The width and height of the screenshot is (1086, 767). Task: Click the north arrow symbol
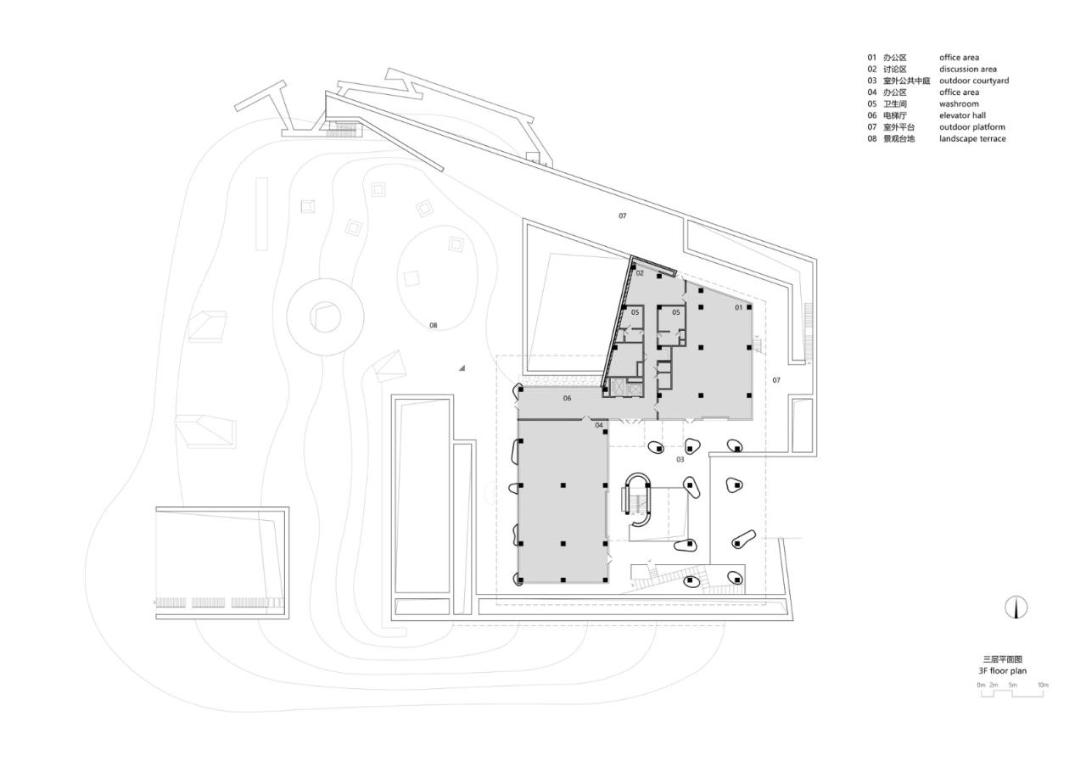[x=1016, y=607]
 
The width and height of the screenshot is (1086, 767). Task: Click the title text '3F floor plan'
[x=1002, y=670]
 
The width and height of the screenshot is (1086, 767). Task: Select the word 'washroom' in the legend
[x=959, y=104]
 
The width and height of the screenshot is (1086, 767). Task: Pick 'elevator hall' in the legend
[x=962, y=115]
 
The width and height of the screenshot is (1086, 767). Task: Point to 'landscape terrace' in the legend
[x=972, y=138]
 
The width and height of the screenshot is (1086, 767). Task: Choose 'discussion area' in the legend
[x=967, y=70]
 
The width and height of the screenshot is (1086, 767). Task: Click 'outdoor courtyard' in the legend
[x=973, y=81]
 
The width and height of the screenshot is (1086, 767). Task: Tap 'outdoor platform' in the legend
[x=971, y=127]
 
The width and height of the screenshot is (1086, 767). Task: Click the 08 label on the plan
[x=433, y=326]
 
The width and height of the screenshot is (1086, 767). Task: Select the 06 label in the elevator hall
[x=567, y=398]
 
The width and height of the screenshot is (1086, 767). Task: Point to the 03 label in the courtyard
[x=680, y=460]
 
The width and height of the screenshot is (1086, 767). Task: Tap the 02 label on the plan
[x=640, y=273]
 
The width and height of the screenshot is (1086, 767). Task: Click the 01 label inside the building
[x=738, y=308]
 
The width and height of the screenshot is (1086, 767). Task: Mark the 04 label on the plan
[x=599, y=425]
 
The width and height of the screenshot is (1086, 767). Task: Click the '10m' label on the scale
[x=1043, y=685]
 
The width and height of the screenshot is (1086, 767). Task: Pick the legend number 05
[x=871, y=104]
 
